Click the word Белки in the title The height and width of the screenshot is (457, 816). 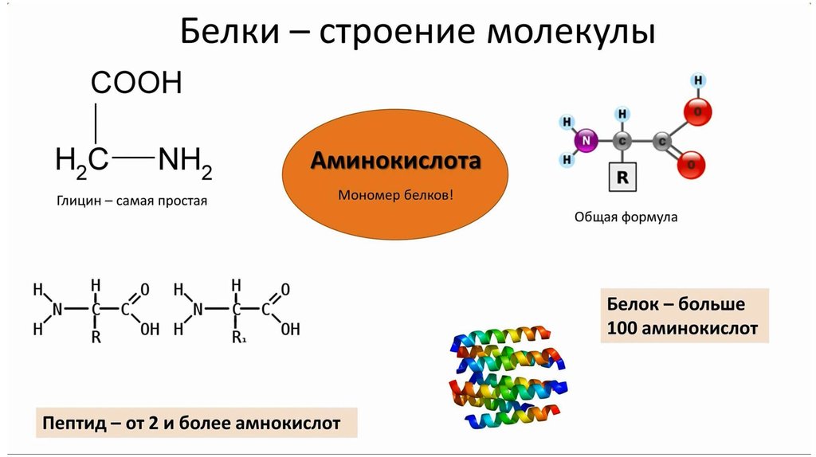[229, 31]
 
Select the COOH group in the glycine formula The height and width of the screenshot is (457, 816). [136, 82]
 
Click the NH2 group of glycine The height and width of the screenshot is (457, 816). [185, 162]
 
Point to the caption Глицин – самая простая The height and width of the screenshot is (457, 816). [131, 201]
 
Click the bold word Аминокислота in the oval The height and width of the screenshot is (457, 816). [395, 161]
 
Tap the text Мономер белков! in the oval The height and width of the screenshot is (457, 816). [395, 195]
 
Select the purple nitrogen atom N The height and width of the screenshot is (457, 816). [586, 140]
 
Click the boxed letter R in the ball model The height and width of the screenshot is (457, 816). [622, 177]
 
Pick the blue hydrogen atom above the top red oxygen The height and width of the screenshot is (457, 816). [698, 80]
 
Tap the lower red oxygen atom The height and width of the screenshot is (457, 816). [691, 166]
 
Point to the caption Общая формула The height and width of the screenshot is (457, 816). [626, 217]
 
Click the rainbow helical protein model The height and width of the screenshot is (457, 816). [508, 377]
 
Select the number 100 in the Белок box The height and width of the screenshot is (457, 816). [622, 329]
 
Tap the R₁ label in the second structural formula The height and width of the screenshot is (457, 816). [239, 338]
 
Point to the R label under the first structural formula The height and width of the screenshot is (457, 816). [96, 338]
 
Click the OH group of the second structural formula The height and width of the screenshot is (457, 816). [290, 329]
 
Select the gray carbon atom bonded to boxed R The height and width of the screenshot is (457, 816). [622, 140]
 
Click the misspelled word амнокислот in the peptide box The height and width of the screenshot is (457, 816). [288, 424]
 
